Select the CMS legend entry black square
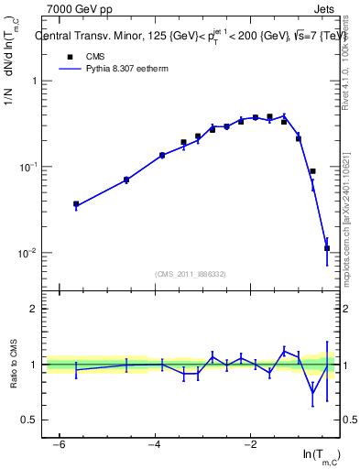click(x=65, y=56)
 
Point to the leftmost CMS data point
click(x=76, y=204)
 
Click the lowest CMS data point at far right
click(x=327, y=248)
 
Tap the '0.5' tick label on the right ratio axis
click(x=348, y=420)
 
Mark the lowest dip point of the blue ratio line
click(x=313, y=394)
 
